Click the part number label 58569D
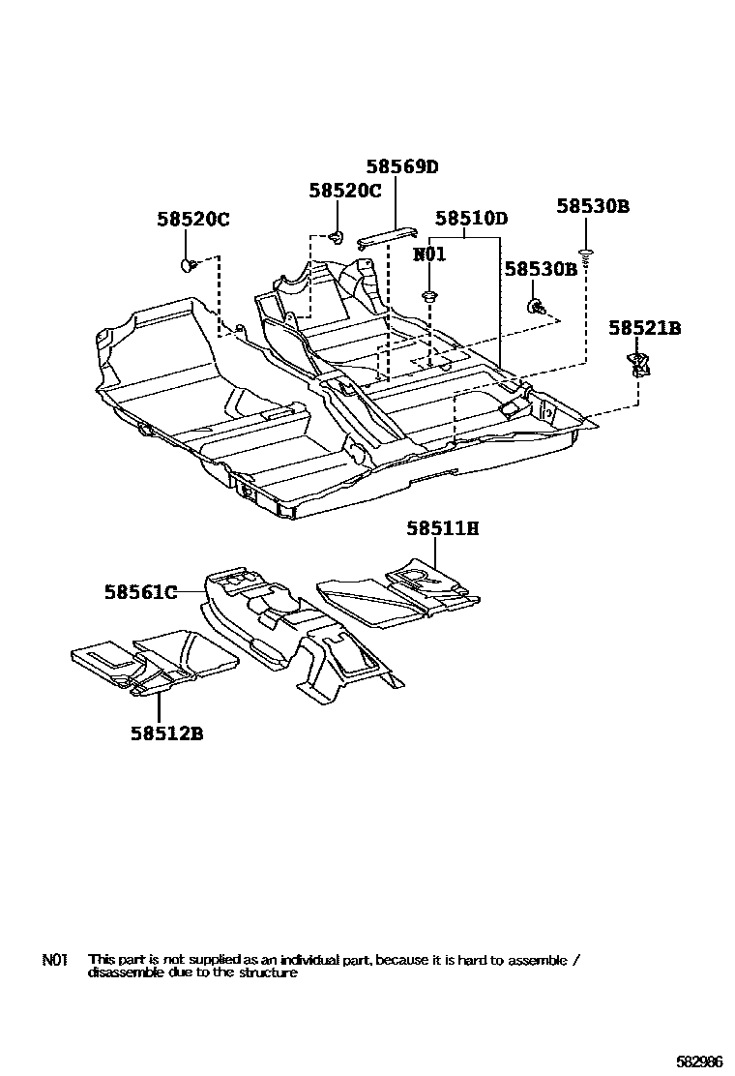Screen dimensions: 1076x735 pos(401,166)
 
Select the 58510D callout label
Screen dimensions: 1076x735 pos(471,219)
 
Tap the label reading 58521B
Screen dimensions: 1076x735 pos(644,329)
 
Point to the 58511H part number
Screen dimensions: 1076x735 pos(443,528)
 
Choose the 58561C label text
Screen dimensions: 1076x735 pos(141,592)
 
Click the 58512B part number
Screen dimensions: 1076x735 pos(167,732)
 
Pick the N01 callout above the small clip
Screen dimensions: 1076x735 pos(429,254)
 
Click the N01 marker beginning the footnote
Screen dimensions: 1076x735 pos(53,960)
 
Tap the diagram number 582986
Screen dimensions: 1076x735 pos(697,1061)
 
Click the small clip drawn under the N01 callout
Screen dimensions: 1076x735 pos(428,294)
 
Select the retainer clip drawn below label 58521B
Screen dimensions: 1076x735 pos(638,364)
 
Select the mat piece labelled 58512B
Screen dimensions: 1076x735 pos(155,663)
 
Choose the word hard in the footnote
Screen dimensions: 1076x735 pos(464,960)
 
